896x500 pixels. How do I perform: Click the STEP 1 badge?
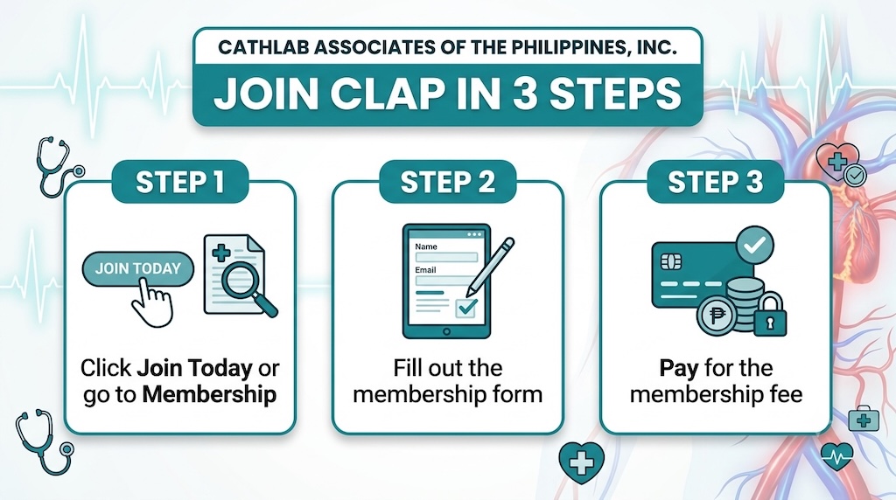(x=180, y=182)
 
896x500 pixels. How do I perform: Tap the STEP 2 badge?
(x=447, y=182)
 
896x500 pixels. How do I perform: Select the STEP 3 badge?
(x=715, y=182)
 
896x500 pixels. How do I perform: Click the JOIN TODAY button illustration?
(x=138, y=268)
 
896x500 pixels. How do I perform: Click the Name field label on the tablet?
(x=426, y=247)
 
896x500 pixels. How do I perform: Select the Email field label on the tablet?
(x=426, y=269)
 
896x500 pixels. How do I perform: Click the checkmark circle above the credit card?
(x=754, y=246)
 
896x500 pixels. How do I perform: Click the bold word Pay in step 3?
(x=679, y=369)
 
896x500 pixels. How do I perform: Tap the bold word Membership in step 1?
(x=209, y=394)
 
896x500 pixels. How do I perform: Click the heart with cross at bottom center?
(x=582, y=462)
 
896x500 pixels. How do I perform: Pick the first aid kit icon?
(x=864, y=420)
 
